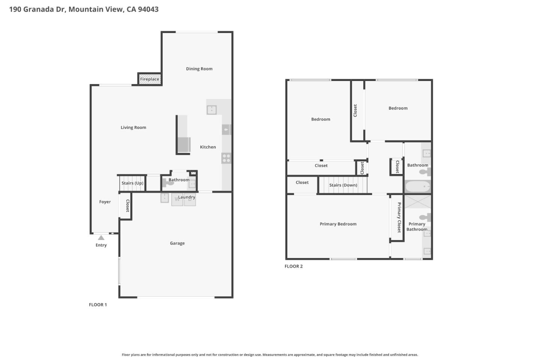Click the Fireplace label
click(150, 79)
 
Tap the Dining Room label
click(199, 69)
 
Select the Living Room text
click(133, 127)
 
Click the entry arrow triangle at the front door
click(101, 238)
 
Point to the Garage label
click(177, 243)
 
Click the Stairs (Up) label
click(132, 183)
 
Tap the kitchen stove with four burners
click(226, 158)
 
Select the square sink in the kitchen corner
click(211, 109)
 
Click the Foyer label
click(105, 202)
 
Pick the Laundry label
click(186, 197)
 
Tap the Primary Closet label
click(399, 217)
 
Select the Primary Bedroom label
click(338, 224)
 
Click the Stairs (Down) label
click(343, 185)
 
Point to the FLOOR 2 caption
click(293, 266)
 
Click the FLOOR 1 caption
click(97, 304)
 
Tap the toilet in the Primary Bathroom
click(425, 217)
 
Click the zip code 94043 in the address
click(148, 9)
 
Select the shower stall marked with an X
click(417, 201)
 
